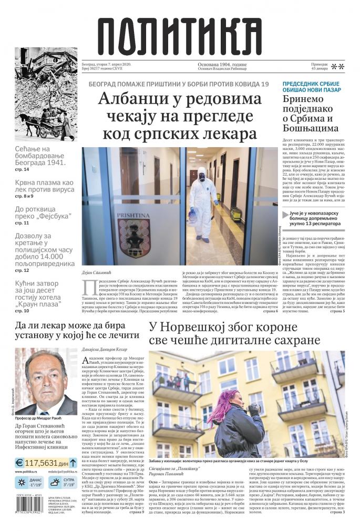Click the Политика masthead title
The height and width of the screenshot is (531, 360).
coord(179,36)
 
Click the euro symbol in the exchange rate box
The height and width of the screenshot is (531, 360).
coord(19,463)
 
